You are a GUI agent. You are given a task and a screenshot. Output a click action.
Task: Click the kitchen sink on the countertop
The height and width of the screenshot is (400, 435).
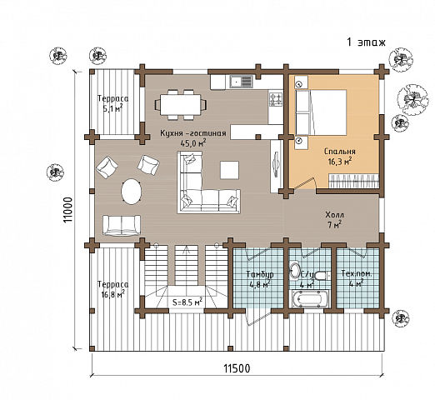click(x=241, y=82)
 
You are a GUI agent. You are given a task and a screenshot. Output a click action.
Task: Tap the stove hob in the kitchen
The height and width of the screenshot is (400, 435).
click(x=276, y=99)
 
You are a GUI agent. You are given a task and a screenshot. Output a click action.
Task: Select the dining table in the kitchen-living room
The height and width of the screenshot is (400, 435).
click(x=180, y=104)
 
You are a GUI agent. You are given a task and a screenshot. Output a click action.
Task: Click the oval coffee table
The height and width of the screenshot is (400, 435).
click(x=131, y=192)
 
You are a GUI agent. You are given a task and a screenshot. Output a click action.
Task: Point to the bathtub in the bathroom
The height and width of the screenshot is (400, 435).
click(x=309, y=299)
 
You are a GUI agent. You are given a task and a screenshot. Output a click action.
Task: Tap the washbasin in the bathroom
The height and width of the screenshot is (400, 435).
click(x=294, y=269)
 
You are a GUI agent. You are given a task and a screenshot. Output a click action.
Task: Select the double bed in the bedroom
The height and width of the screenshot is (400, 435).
click(x=321, y=112)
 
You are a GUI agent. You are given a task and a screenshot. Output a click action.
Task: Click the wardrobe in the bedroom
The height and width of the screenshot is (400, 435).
click(x=354, y=181)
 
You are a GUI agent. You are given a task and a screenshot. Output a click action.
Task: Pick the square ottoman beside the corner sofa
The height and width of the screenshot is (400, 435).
click(x=229, y=170)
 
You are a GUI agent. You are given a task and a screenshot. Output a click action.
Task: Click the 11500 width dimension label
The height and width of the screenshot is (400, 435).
click(x=237, y=368)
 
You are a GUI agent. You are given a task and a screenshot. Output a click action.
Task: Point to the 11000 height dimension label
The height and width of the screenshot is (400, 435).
click(x=67, y=210)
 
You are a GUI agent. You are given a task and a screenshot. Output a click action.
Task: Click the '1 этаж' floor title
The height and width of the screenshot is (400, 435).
click(x=366, y=42)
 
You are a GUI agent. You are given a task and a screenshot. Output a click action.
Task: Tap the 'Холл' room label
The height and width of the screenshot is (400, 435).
click(x=334, y=215)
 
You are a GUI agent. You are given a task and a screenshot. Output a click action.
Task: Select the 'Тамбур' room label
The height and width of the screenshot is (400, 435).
click(x=260, y=274)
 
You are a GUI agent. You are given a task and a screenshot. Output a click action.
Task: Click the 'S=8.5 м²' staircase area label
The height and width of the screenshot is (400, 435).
click(x=187, y=302)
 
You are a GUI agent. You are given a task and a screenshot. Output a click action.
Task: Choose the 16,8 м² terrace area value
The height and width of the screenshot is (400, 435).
click(x=112, y=294)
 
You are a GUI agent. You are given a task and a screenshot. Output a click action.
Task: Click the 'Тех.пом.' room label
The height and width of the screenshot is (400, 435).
click(x=357, y=273)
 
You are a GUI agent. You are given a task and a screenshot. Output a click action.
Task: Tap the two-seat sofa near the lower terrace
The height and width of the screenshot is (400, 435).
click(x=122, y=225)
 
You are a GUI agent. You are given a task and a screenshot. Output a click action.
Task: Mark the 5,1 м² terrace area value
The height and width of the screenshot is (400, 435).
click(x=112, y=108)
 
